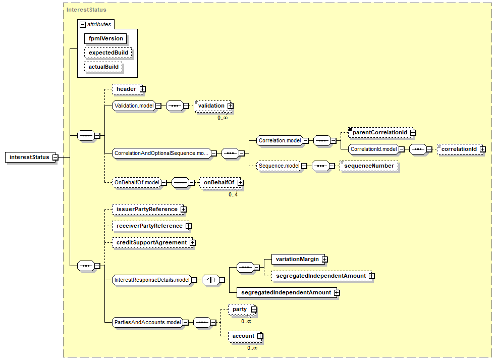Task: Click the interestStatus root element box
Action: tap(30, 158)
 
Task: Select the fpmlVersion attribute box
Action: tap(105, 39)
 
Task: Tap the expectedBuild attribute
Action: tap(108, 53)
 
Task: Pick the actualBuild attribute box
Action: tap(103, 67)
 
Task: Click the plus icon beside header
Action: tap(143, 89)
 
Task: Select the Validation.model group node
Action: tap(134, 106)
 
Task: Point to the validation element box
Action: tap(213, 106)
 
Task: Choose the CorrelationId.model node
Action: tap(374, 149)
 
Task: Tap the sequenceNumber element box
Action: tap(369, 166)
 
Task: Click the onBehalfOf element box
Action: tap(221, 183)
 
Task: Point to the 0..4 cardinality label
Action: tap(233, 194)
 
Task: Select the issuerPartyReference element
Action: tap(149, 210)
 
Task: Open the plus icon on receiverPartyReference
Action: tap(189, 226)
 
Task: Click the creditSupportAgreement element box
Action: tap(153, 243)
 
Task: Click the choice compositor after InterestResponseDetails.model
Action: tap(211, 280)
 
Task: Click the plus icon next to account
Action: tap(260, 336)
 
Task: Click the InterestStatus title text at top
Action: tap(86, 10)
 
